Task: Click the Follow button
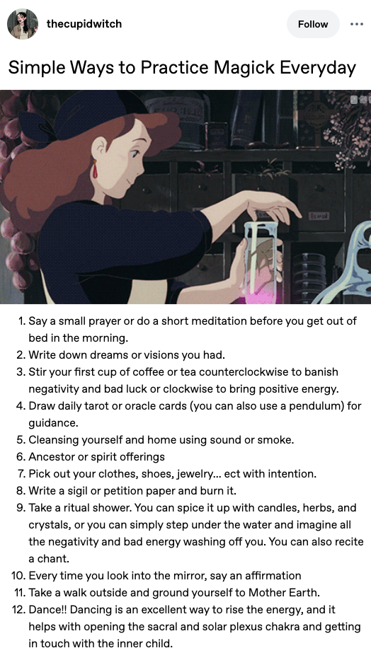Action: coord(313,24)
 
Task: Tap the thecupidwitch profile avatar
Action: coord(23,24)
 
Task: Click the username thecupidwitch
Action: coord(84,24)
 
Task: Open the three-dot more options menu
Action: coord(357,24)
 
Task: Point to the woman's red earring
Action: coord(95,169)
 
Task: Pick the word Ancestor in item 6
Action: coord(48,457)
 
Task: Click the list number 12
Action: coord(18,609)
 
